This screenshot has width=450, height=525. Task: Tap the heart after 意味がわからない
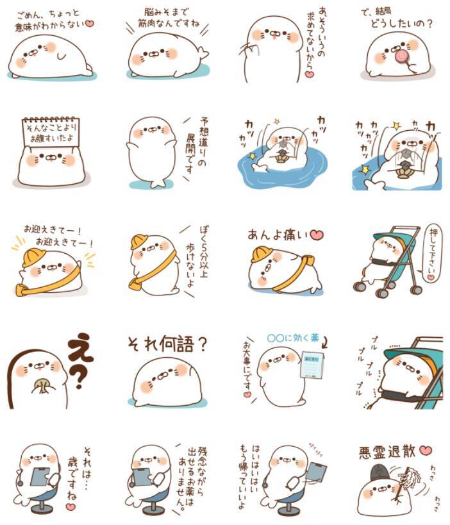[90, 24]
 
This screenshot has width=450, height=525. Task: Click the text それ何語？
[165, 346]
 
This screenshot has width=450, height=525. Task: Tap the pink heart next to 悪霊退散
[426, 451]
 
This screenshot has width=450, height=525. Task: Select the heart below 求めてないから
[308, 75]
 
